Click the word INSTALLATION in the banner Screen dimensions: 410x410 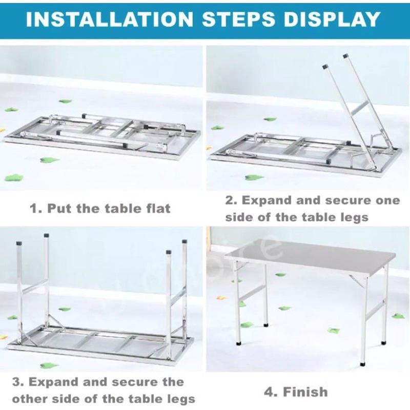[x=110, y=19]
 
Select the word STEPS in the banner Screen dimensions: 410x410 [x=238, y=19]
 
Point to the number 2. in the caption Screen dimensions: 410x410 [x=231, y=200]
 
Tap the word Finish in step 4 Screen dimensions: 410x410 [x=305, y=392]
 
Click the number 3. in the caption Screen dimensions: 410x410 [x=18, y=382]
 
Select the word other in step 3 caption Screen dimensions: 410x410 [x=29, y=399]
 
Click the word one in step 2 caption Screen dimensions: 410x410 [x=388, y=201]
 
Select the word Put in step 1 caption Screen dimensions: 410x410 [x=59, y=209]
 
